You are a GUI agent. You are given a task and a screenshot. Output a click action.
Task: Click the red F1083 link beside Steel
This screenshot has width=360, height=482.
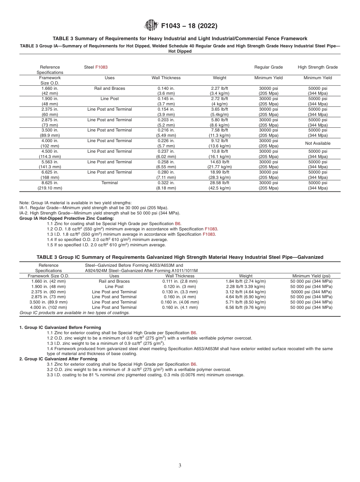(x=101, y=67)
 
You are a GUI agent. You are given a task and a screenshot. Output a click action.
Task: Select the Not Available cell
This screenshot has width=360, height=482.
(x=318, y=143)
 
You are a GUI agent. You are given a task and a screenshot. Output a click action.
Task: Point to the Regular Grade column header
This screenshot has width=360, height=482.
(x=268, y=67)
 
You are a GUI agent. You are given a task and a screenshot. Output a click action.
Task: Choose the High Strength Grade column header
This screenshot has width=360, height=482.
(x=318, y=67)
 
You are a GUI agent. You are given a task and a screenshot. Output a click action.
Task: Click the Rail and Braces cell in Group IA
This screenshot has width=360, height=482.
(x=110, y=88)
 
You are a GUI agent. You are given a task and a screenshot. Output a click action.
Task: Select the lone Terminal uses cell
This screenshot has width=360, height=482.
(x=110, y=183)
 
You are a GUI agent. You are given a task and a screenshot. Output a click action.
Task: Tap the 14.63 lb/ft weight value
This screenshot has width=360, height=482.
(x=219, y=162)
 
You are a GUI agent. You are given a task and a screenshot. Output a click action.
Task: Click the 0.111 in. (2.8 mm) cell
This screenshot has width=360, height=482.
(x=180, y=281)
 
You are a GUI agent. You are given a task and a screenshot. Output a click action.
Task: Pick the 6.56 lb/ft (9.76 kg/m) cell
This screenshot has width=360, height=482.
(x=246, y=307)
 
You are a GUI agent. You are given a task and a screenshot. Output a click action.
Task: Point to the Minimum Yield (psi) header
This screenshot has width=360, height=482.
(x=311, y=276)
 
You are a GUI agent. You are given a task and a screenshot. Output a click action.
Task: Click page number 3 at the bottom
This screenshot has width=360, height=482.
(x=180, y=466)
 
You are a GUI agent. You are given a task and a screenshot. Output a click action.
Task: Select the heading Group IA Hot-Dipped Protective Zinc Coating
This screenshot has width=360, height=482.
(x=66, y=218)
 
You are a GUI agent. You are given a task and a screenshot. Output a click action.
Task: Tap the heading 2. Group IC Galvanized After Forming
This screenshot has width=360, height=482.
(x=58, y=359)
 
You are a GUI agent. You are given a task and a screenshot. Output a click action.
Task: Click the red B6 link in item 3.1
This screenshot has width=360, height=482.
(x=193, y=364)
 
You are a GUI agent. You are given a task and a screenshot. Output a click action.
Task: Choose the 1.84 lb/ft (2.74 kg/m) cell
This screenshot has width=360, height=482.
(x=246, y=281)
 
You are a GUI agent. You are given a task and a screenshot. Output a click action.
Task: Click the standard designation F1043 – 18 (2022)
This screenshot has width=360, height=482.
(x=189, y=26)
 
